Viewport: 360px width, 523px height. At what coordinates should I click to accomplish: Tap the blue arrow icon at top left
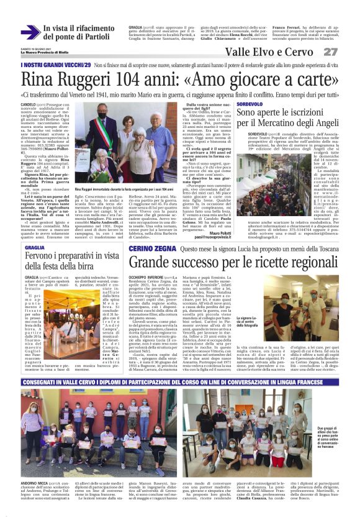coord(30,31)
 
